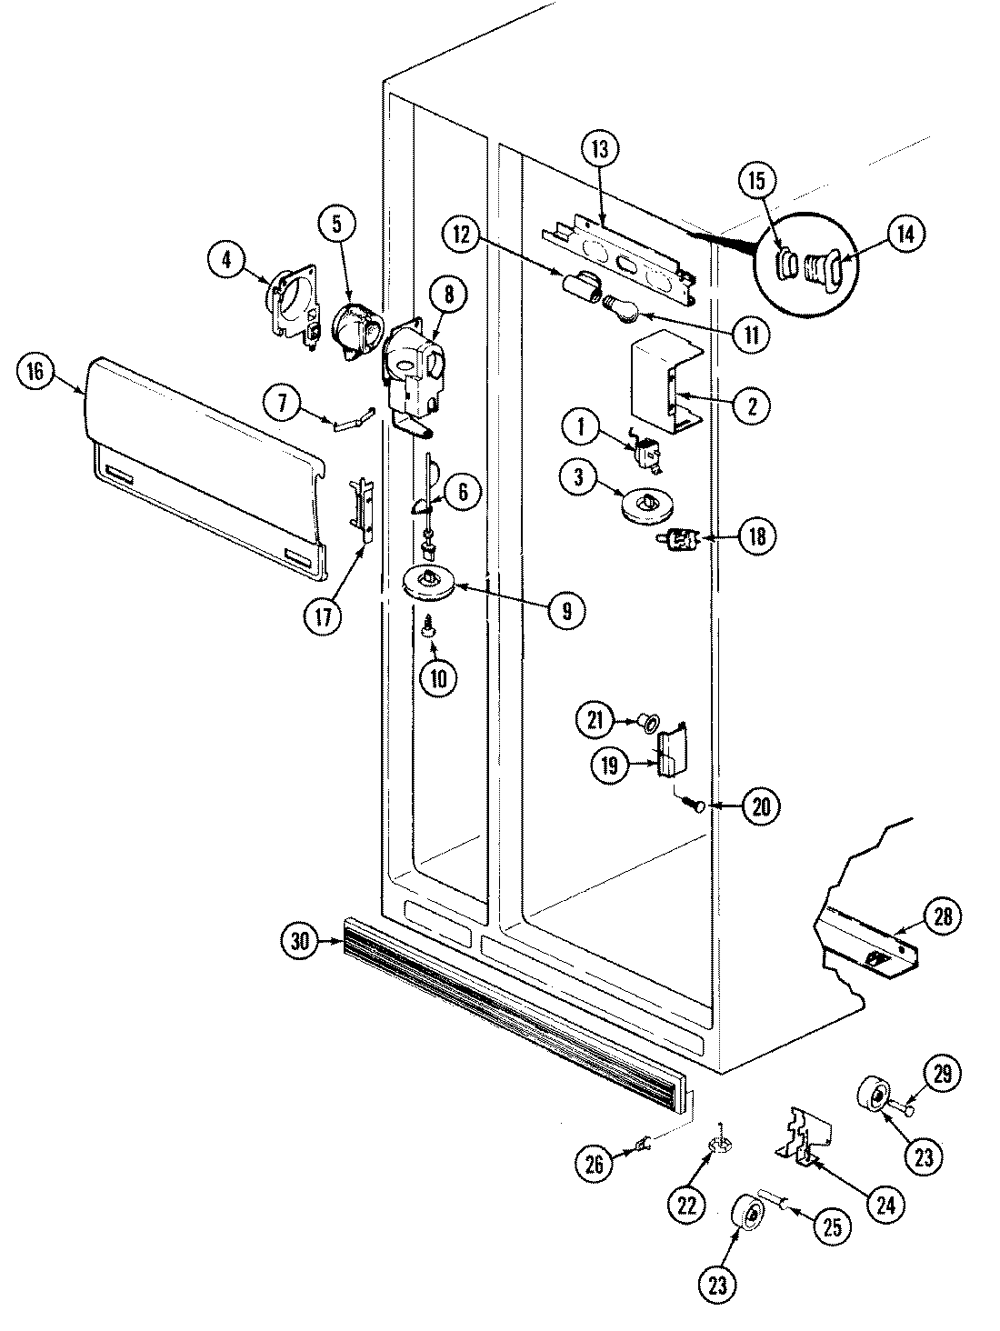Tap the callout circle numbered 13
point(603,148)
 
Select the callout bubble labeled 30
point(302,941)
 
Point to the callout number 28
point(943,916)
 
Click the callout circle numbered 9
point(565,611)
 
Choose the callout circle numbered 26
point(595,1166)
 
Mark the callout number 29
point(942,1073)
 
